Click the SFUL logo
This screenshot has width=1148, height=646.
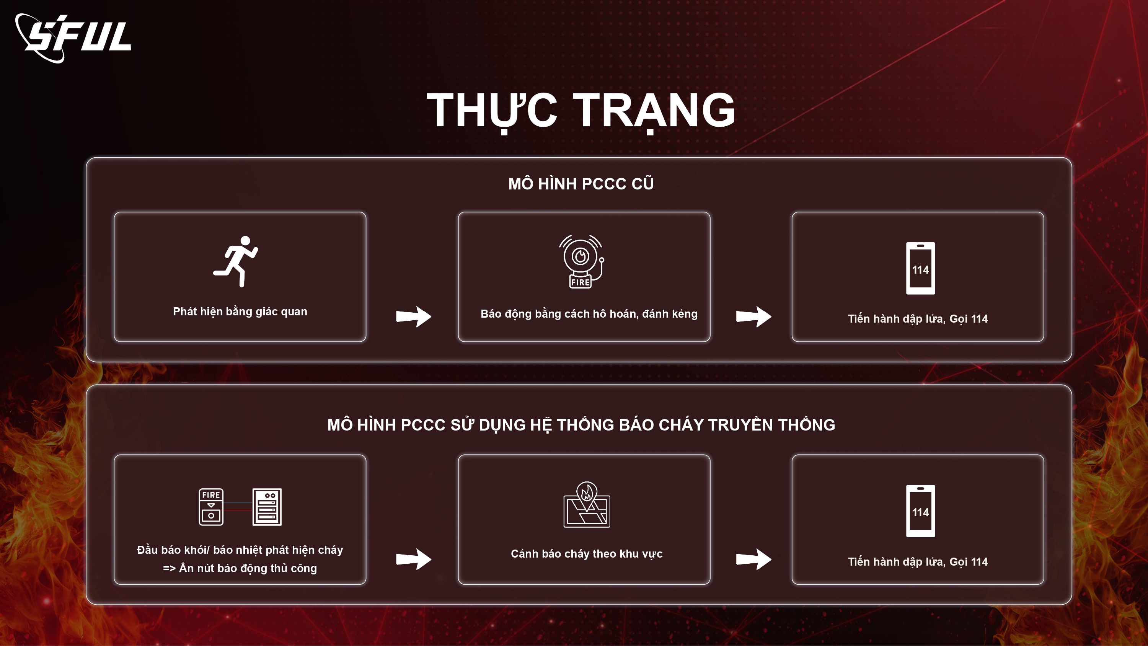[x=73, y=38]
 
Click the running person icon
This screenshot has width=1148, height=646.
[x=236, y=262]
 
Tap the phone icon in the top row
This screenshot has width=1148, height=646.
[x=920, y=268]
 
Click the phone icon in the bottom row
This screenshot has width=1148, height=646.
[x=920, y=511]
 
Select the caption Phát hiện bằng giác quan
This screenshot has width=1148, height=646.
[x=240, y=312]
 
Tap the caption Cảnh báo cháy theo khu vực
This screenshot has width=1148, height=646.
[x=587, y=554]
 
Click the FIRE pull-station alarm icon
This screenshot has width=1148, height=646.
[x=211, y=507]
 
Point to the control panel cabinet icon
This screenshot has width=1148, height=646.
[x=267, y=507]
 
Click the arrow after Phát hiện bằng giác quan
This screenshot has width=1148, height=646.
[x=414, y=316]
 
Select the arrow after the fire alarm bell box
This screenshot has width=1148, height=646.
[x=753, y=316]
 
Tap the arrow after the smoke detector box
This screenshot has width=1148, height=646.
[x=414, y=559]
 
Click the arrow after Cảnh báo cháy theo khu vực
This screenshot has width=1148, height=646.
[x=753, y=559]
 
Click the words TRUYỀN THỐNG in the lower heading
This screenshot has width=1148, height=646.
[x=771, y=425]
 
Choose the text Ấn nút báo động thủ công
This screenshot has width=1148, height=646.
[x=248, y=568]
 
